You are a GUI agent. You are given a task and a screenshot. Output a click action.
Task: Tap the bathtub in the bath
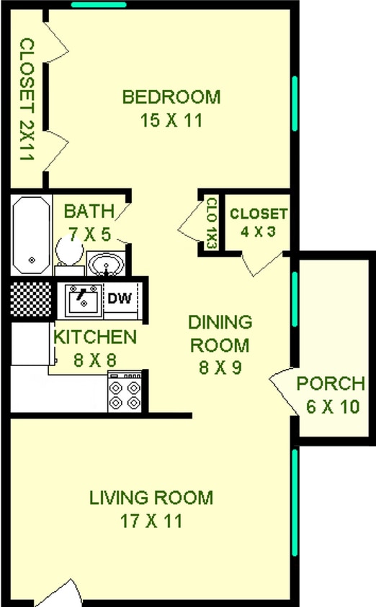(x=31, y=234)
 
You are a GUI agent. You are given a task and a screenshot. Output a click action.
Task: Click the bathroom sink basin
(x=107, y=263)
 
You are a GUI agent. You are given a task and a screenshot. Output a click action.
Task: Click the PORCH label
(x=331, y=383)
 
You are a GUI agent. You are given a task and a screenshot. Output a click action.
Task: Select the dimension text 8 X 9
(x=220, y=368)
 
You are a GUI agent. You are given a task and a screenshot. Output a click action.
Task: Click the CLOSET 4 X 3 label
(x=259, y=214)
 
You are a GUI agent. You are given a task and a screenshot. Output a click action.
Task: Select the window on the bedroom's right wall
(x=295, y=104)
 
